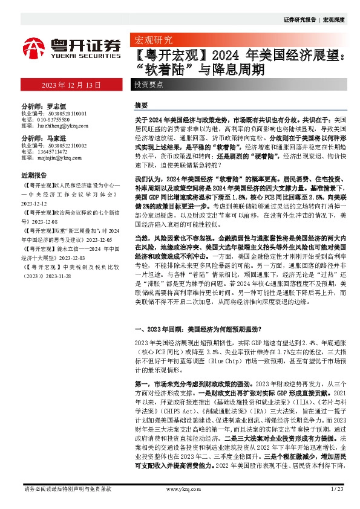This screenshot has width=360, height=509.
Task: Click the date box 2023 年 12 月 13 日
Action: pos(71,84)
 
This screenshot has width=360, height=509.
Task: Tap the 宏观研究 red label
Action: pos(152,41)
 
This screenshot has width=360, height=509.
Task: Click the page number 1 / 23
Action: pos(338,488)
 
